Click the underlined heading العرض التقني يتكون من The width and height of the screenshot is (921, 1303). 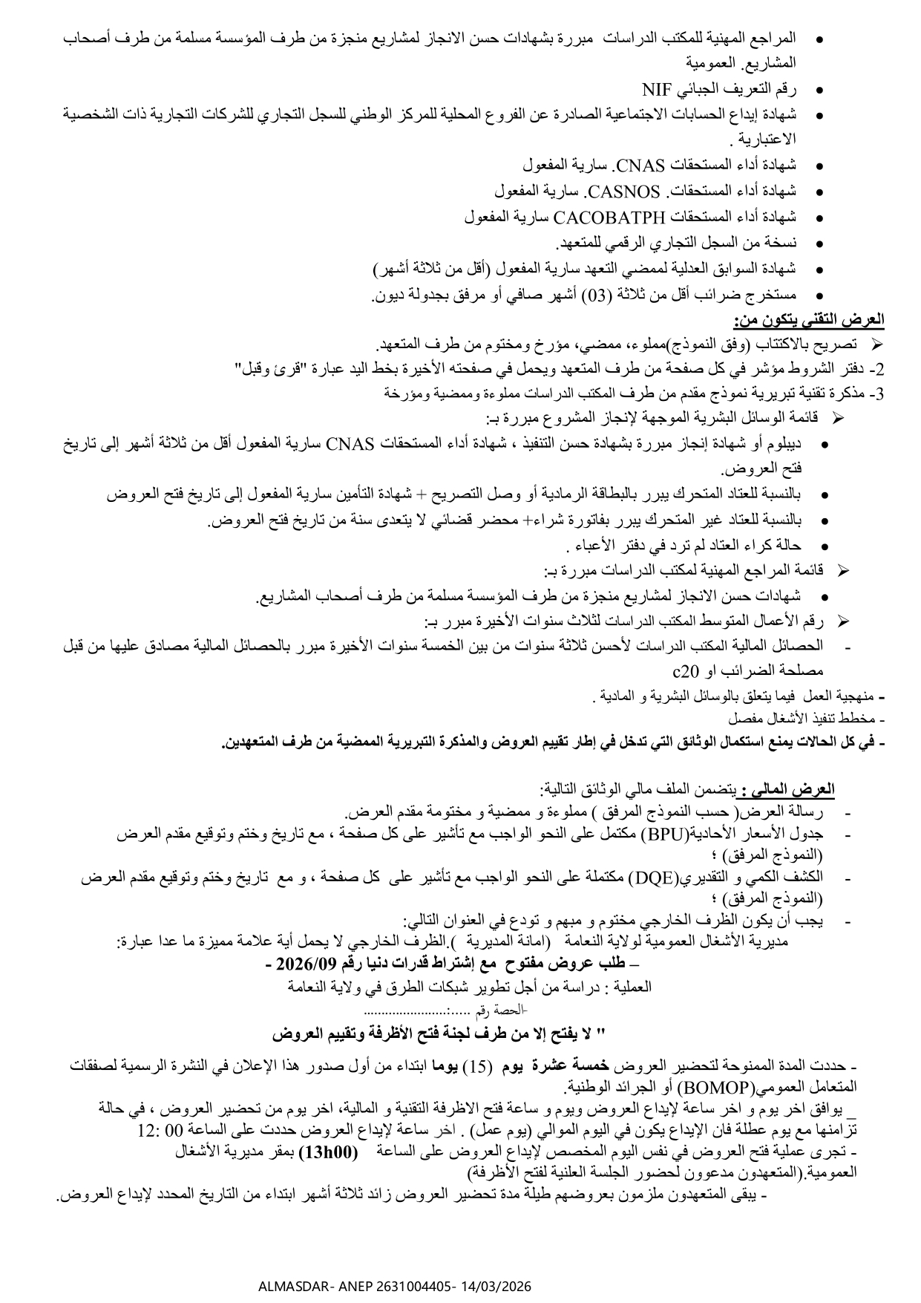808,319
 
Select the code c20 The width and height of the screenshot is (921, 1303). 685,672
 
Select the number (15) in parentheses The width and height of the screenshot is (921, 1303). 477,1066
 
